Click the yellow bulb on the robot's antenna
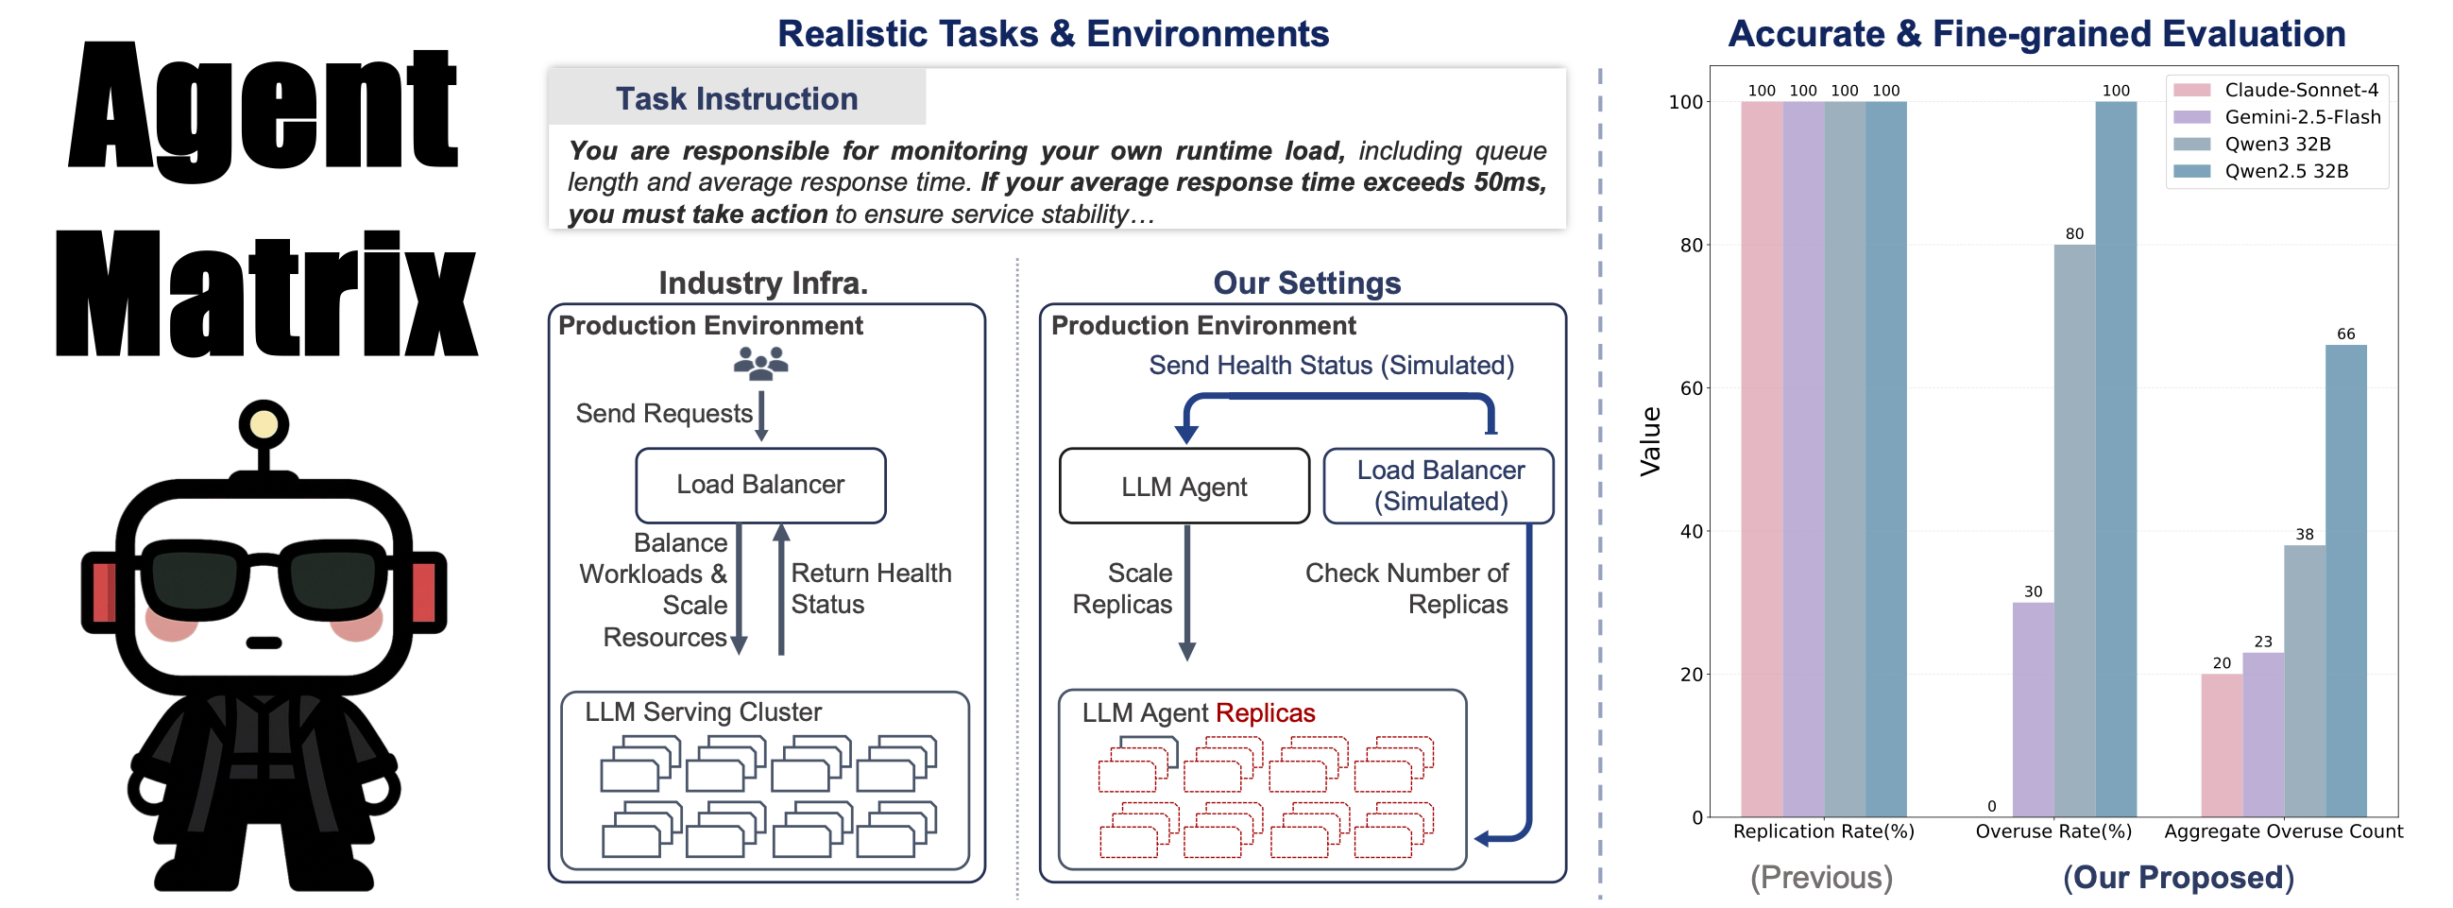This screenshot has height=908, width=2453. pos(264,424)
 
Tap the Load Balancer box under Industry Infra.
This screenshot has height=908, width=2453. pos(760,485)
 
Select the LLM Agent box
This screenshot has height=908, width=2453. pos(1184,487)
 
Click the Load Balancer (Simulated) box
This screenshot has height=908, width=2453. pos(1439,486)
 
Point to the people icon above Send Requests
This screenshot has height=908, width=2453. pos(761,363)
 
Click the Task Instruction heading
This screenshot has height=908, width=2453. pos(736,98)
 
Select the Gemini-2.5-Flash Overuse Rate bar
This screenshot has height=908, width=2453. pos(2032,709)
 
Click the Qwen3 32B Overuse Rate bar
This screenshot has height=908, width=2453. pos(2074,530)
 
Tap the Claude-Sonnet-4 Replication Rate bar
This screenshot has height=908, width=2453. pos(1762,458)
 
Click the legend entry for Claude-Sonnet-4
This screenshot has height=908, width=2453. pos(2300,90)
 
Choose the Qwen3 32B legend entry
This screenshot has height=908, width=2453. pos(2276,144)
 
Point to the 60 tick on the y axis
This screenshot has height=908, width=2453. pos(1690,387)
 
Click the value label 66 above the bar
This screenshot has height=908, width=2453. pos(2345,334)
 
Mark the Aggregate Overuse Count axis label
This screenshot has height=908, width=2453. pos(2283,831)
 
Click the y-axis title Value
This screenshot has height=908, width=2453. pos(1649,440)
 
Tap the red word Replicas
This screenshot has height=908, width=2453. pos(1265,712)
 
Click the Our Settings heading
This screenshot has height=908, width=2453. pos(1305,283)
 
